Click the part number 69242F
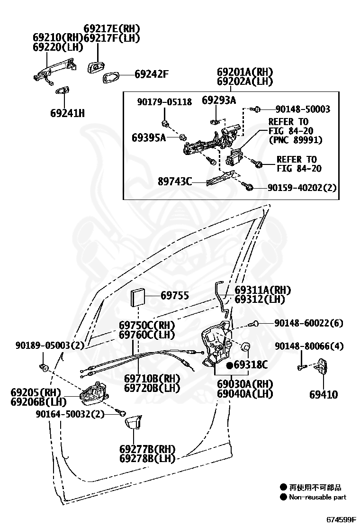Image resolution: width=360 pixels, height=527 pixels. (152, 74)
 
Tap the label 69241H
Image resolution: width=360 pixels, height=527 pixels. (67, 113)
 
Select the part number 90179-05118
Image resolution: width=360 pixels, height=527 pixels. (164, 102)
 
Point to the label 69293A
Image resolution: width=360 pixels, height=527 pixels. (219, 100)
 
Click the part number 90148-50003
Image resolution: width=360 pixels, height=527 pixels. (303, 109)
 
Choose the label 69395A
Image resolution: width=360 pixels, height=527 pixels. (149, 137)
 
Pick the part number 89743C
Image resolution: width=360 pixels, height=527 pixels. (175, 182)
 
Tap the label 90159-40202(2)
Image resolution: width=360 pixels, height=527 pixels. (302, 188)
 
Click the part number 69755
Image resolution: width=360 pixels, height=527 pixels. (175, 295)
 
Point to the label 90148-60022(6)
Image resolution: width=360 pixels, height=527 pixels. (309, 323)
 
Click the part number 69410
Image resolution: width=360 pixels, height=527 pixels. (324, 395)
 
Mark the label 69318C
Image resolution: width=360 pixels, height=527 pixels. (251, 364)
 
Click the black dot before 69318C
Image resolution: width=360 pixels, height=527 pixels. (230, 365)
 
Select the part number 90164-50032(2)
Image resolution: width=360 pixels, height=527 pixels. (70, 414)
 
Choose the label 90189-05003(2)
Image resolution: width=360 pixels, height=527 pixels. (50, 345)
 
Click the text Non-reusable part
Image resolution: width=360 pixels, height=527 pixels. (317, 497)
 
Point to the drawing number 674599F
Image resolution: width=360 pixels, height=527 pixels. (341, 519)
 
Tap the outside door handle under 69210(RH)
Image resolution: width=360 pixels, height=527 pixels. (54, 73)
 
